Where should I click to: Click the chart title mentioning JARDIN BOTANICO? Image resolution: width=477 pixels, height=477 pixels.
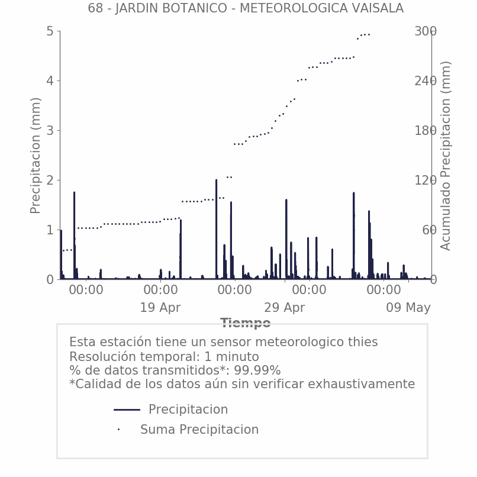pyautogui.click(x=246, y=8)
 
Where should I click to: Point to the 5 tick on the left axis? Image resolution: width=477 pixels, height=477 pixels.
pyautogui.click(x=50, y=31)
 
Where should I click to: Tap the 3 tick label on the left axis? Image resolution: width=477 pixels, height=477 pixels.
pyautogui.click(x=50, y=131)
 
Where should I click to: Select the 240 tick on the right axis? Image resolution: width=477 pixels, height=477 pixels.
pyautogui.click(x=426, y=81)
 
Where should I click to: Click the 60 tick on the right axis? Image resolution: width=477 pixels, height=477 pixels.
pyautogui.click(x=429, y=230)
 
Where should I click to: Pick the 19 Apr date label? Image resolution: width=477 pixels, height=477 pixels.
pyautogui.click(x=160, y=308)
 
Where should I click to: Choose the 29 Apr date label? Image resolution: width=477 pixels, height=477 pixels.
pyautogui.click(x=285, y=308)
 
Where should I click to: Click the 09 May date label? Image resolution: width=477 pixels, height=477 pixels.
pyautogui.click(x=408, y=308)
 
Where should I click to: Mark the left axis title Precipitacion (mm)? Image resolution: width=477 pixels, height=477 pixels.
pyautogui.click(x=36, y=156)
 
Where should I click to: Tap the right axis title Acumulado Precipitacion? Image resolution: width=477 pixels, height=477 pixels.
pyautogui.click(x=445, y=156)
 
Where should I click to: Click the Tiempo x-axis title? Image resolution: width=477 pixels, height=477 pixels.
pyautogui.click(x=246, y=323)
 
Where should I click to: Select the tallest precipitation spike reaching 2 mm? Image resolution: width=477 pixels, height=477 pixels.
pyautogui.click(x=216, y=229)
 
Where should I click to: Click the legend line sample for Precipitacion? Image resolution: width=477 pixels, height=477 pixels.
pyautogui.click(x=127, y=410)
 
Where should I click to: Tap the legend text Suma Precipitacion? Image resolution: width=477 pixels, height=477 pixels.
pyautogui.click(x=199, y=430)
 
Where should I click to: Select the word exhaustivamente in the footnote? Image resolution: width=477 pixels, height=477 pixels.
pyautogui.click(x=362, y=384)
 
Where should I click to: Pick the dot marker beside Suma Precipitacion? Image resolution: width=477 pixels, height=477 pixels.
pyautogui.click(x=118, y=430)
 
